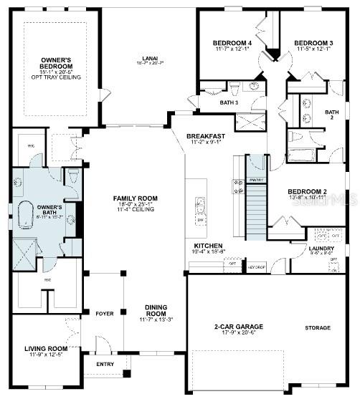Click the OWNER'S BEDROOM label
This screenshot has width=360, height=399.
pos(60,63)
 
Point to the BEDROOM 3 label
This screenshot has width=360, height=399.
pos(313,42)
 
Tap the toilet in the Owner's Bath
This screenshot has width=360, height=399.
pos(74,177)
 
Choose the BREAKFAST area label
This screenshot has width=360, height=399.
pos(206,135)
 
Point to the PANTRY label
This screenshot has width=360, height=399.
pos(256,179)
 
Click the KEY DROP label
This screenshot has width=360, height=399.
pos(256,266)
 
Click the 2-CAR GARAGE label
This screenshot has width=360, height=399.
pos(239,326)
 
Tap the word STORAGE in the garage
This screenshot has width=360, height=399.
pos(317,327)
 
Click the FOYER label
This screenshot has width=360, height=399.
pos(105,313)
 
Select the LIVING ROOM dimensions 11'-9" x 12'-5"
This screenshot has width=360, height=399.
pos(46,355)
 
